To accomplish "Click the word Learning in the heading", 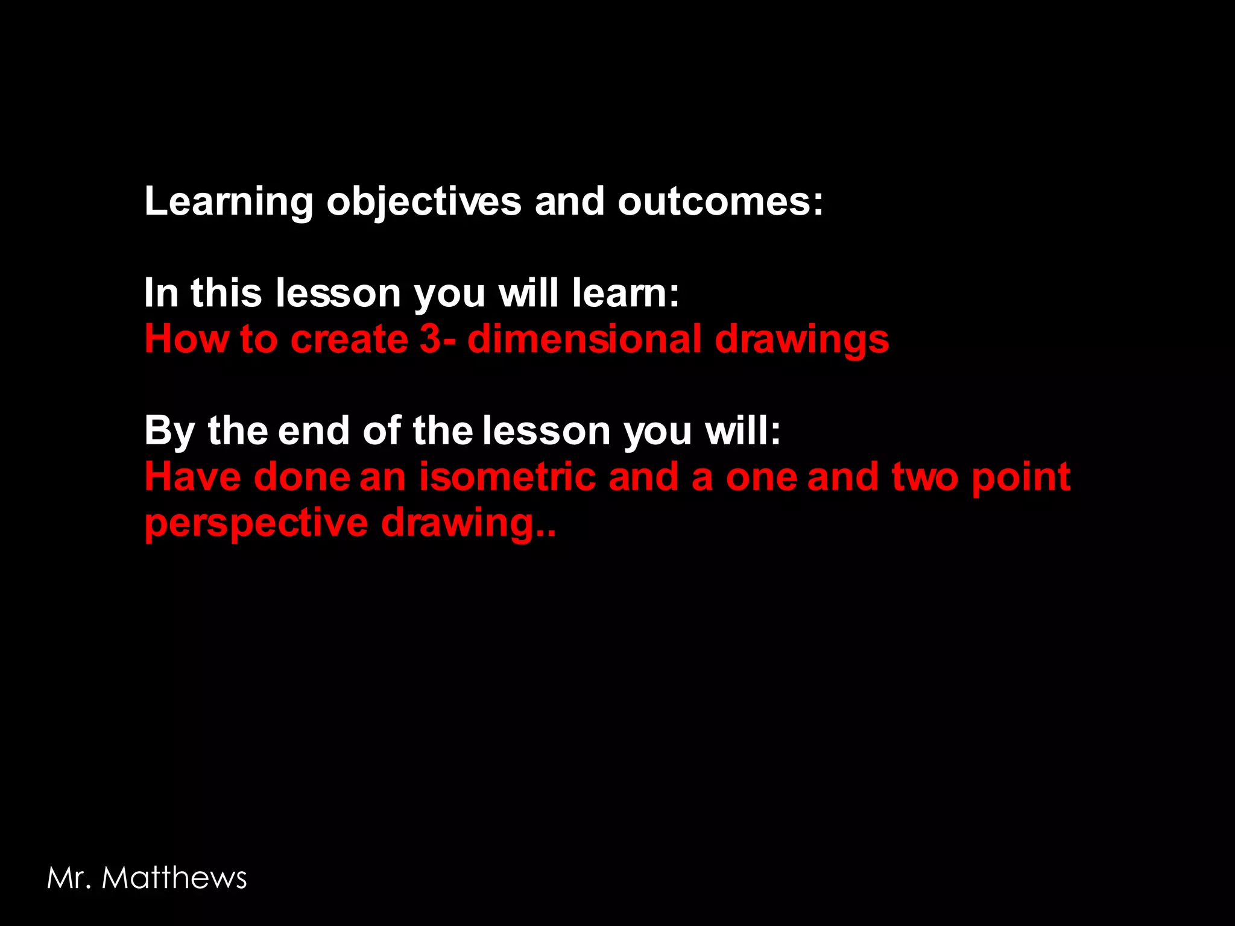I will (229, 202).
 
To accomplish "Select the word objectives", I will (423, 202).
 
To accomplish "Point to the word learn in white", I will (625, 293).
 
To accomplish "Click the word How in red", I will (186, 339).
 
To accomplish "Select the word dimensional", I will (584, 339).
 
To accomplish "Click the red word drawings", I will (801, 340).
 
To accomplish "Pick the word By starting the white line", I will (169, 432).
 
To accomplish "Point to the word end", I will (314, 430).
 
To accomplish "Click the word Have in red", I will (192, 477).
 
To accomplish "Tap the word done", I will (302, 477).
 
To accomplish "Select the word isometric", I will (508, 477).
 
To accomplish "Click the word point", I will (1021, 478).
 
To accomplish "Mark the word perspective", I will (256, 523).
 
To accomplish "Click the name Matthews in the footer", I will (174, 878).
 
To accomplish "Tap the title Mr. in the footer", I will (69, 878).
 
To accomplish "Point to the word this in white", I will (226, 293).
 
